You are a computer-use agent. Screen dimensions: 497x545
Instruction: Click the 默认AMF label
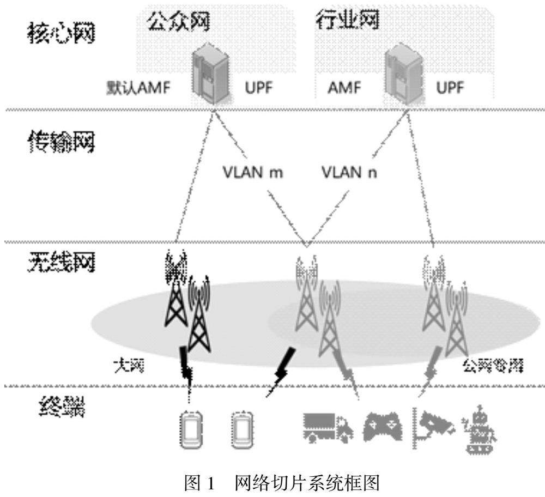(141, 88)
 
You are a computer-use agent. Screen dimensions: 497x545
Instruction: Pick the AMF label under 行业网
(344, 88)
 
